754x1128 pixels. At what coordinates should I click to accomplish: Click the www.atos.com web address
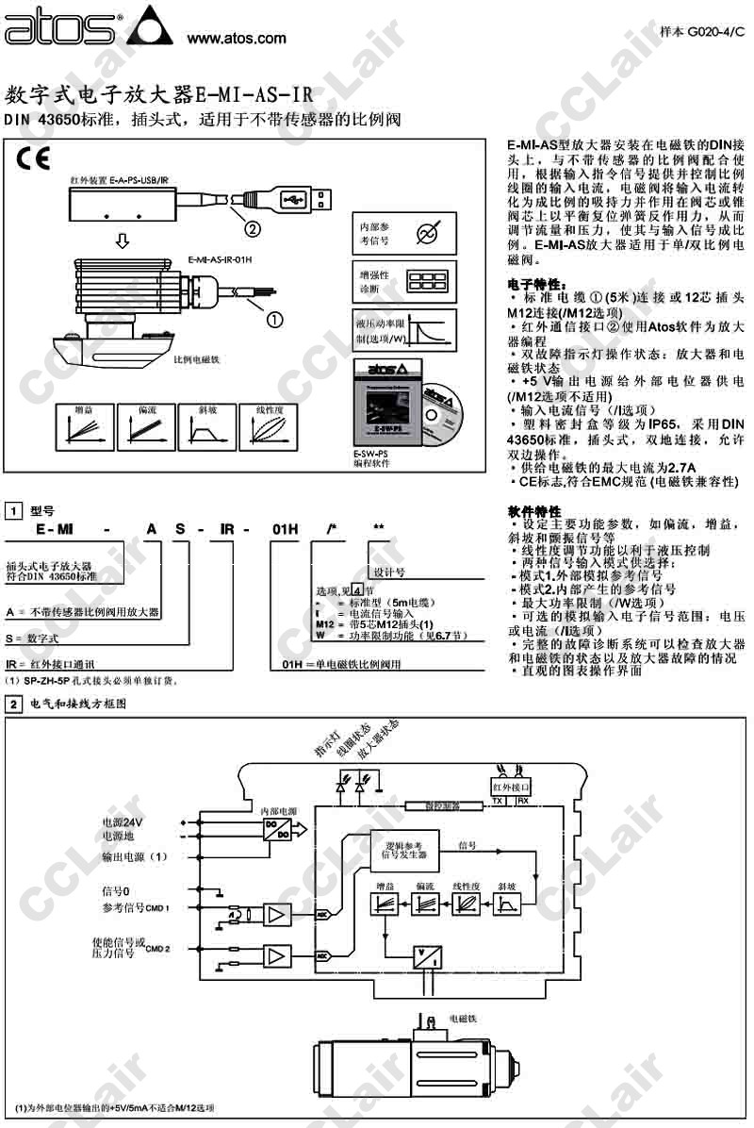click(237, 39)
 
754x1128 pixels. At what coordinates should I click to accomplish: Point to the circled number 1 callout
click(273, 320)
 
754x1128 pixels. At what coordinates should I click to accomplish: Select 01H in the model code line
click(285, 531)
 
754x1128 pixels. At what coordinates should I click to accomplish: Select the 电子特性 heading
click(537, 284)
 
